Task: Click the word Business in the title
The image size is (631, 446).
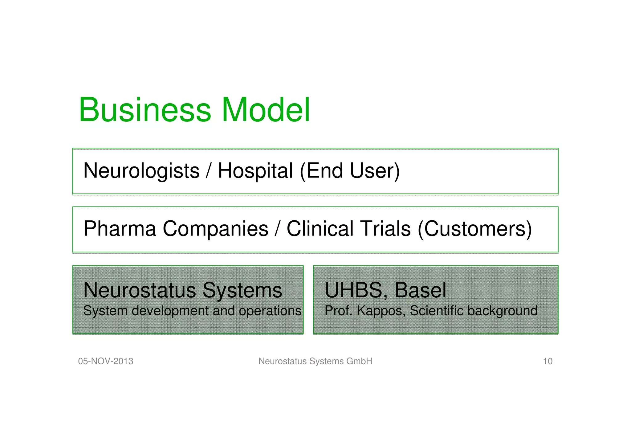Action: click(145, 110)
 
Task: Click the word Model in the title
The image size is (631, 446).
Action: click(266, 110)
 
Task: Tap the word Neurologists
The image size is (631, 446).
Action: click(141, 171)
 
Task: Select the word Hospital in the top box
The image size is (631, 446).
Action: click(255, 171)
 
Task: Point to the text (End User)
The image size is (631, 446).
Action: click(350, 171)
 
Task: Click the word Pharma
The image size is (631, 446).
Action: click(120, 229)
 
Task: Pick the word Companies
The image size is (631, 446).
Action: click(215, 229)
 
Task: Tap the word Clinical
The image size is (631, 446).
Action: click(320, 229)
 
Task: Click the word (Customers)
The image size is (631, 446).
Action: click(475, 229)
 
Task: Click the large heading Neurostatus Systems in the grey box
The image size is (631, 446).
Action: click(183, 290)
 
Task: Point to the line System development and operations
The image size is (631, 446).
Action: click(192, 311)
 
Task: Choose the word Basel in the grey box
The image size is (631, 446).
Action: click(420, 290)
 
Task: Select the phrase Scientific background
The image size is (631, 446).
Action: click(474, 311)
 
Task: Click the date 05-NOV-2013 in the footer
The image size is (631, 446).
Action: click(106, 361)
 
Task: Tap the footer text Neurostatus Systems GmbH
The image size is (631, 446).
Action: click(315, 361)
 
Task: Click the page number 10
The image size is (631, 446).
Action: click(548, 361)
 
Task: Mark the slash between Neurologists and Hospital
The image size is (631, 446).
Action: click(209, 171)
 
